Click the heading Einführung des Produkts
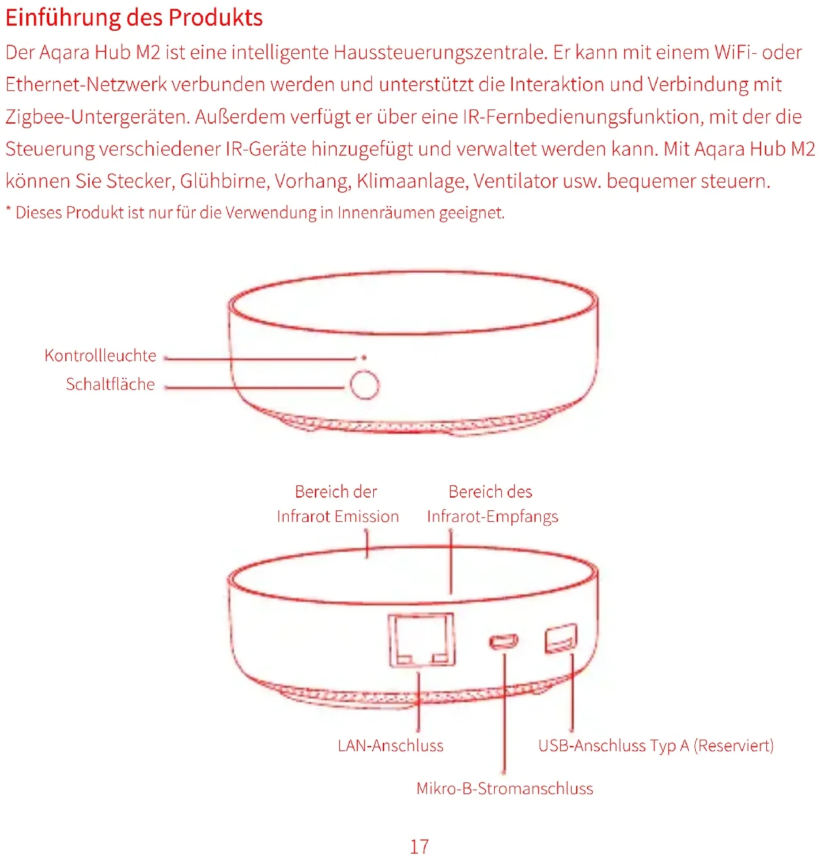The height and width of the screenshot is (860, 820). (134, 18)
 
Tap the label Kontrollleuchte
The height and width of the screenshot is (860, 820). (100, 356)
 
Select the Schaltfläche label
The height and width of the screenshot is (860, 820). (110, 384)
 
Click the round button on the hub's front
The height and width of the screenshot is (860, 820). (364, 385)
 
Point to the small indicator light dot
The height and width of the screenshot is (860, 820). (364, 358)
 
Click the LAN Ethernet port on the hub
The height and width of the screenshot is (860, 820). (421, 640)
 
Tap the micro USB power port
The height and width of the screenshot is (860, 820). (504, 641)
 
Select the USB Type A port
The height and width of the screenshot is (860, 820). (561, 638)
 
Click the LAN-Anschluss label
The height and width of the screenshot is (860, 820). (390, 746)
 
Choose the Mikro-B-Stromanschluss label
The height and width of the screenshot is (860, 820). (504, 789)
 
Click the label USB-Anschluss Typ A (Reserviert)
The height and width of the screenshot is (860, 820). (655, 746)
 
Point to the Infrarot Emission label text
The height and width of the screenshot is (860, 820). (337, 517)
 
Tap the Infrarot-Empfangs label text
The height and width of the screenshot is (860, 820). (492, 517)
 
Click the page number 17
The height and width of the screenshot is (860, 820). (419, 847)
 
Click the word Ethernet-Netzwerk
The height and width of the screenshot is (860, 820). (86, 85)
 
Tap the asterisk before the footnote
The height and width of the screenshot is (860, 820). (9, 210)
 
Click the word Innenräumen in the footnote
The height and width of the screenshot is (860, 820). (387, 213)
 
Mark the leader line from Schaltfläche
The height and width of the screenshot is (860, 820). (256, 387)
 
